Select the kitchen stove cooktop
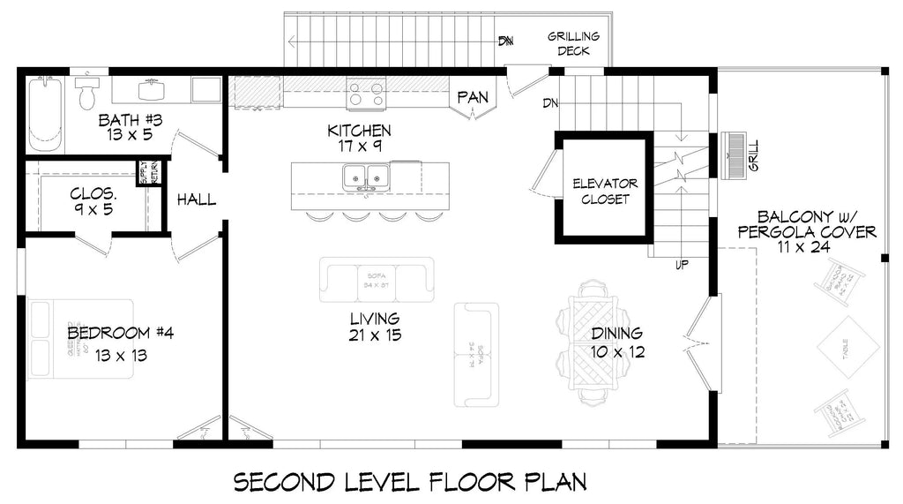(x=365, y=92)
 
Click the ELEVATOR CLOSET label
(x=605, y=192)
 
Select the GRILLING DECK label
(x=573, y=44)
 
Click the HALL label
(x=196, y=200)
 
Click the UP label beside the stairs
(x=682, y=265)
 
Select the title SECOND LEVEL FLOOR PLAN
(x=410, y=482)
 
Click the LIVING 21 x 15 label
(x=374, y=327)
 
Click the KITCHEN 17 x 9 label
(x=359, y=139)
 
